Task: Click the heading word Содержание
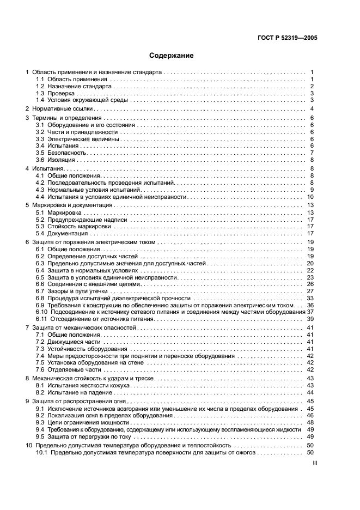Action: click(171, 56)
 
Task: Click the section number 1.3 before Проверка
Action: click(40, 93)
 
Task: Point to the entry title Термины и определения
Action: click(63, 118)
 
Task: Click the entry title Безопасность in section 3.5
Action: click(65, 153)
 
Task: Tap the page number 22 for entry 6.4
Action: click(310, 270)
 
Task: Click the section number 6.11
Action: click(41, 319)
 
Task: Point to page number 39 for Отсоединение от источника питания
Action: click(310, 319)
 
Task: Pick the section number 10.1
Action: click(41, 452)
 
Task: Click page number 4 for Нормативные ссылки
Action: click(312, 109)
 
